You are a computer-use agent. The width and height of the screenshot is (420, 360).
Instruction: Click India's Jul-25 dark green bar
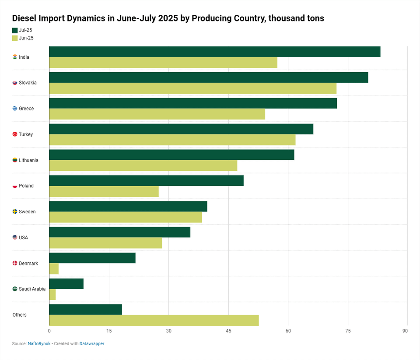[x=214, y=52]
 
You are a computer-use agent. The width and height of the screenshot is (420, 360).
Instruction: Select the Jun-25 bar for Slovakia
[x=192, y=88]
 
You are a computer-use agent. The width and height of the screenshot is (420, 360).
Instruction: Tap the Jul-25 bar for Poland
[x=146, y=180]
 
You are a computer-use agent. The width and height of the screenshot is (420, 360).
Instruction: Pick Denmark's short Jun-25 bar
[x=54, y=268]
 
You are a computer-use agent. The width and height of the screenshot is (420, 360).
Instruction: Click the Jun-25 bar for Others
[x=154, y=320]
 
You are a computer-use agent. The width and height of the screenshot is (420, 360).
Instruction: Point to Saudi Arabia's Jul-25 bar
[x=66, y=284]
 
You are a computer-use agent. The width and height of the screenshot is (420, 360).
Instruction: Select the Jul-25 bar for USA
[x=119, y=232]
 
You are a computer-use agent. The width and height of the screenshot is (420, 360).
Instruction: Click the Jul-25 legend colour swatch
[x=15, y=30]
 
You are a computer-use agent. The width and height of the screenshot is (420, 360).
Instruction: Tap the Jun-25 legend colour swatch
[x=15, y=38]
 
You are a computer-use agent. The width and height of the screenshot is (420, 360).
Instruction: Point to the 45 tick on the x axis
[x=228, y=331]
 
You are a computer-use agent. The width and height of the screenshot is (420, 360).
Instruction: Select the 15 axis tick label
[x=109, y=331]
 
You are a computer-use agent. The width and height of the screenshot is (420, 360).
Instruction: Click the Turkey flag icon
[x=15, y=134]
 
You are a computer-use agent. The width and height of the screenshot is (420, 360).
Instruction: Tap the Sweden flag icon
[x=15, y=212]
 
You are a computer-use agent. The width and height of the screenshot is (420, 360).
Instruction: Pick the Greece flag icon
[x=15, y=109]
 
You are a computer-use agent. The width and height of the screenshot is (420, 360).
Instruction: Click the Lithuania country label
[x=28, y=160]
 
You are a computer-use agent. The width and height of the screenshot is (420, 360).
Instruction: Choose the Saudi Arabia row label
[x=32, y=289]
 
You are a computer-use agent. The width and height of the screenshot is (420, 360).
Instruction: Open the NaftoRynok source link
[x=39, y=344]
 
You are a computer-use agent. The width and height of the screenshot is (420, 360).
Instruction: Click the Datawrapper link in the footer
[x=92, y=344]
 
